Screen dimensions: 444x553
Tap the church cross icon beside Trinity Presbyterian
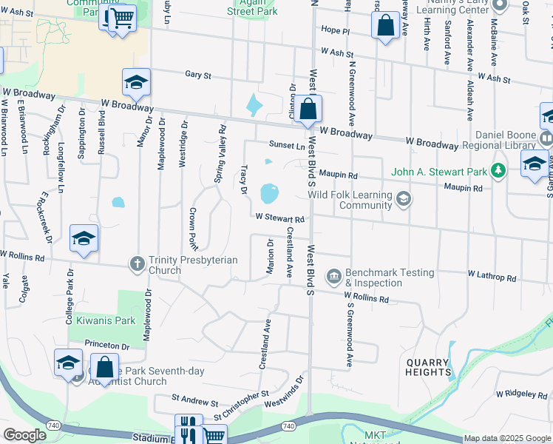pos(137,263)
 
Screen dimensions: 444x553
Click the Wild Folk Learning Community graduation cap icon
pos(404,198)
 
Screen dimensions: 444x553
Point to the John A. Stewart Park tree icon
pos(499,172)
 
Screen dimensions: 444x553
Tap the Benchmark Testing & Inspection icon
pos(334,277)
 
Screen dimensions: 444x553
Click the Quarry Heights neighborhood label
pos(428,367)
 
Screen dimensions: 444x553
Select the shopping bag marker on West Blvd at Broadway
pos(310,110)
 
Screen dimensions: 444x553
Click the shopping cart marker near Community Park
pos(123,16)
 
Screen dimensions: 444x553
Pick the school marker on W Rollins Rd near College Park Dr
pos(84,238)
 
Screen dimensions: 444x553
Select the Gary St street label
pos(198,75)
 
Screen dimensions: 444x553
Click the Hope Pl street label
pos(335,30)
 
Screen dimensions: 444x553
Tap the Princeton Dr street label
pos(107,346)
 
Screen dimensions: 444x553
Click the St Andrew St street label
pos(194,404)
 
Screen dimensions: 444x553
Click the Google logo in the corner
pos(25,435)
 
